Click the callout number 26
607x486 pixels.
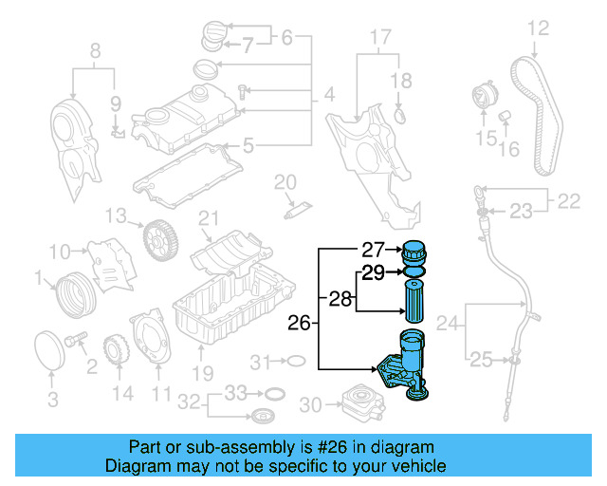pyautogui.click(x=299, y=324)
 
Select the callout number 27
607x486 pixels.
pyautogui.click(x=372, y=251)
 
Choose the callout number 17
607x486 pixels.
pyautogui.click(x=379, y=39)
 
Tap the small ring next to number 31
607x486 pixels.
pyautogui.click(x=295, y=361)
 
